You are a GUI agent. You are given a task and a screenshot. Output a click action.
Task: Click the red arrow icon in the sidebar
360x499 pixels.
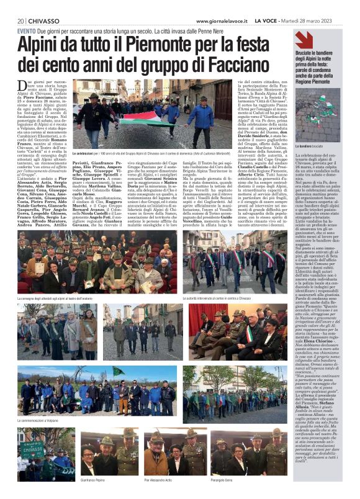[x=304, y=40]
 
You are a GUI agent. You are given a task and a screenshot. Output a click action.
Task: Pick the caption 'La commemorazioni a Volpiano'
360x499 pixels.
[x=43, y=420]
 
